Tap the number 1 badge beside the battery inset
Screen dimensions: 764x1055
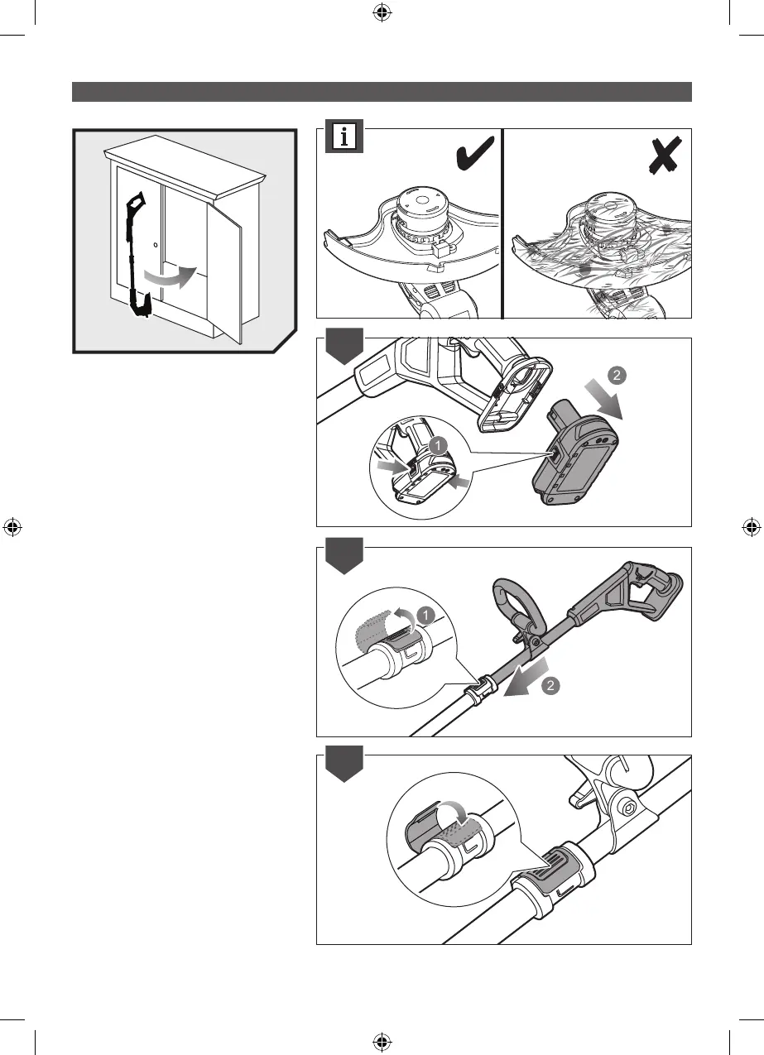(437, 445)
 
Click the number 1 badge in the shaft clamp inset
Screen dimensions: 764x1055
(424, 615)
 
